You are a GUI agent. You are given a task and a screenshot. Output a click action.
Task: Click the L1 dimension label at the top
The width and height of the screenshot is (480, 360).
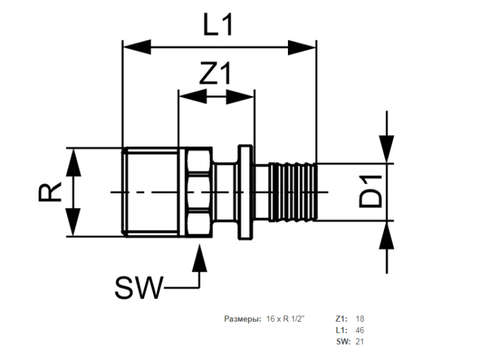[x=218, y=25]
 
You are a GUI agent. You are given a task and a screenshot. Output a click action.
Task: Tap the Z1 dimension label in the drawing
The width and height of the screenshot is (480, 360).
[x=215, y=74]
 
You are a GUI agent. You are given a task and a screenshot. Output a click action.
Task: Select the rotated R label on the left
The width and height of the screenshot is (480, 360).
[x=50, y=192]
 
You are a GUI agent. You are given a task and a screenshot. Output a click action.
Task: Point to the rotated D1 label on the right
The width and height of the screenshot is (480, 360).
[x=371, y=192]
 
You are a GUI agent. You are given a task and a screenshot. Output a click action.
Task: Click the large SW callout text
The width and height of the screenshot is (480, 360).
[x=138, y=288]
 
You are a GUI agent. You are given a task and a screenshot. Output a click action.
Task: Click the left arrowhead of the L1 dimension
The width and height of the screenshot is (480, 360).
[x=137, y=47]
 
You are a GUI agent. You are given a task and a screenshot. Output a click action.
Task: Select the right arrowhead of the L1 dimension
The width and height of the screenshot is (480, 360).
[x=302, y=47]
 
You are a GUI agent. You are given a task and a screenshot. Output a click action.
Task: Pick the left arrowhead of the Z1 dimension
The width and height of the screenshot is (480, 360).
[x=193, y=97]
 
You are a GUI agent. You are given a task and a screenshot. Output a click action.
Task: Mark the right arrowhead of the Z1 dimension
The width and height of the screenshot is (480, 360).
[x=240, y=97]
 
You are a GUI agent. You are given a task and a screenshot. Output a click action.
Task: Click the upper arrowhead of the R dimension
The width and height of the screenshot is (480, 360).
[x=74, y=162]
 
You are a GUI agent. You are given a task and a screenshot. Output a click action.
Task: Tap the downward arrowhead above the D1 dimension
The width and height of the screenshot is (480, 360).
[x=387, y=148]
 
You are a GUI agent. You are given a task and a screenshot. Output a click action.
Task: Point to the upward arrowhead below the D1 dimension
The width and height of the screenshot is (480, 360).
[x=387, y=235]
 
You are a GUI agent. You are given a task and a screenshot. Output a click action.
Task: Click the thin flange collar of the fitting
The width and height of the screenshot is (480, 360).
[x=246, y=192]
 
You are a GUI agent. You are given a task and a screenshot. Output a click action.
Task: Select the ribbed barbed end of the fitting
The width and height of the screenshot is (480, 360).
[x=292, y=192]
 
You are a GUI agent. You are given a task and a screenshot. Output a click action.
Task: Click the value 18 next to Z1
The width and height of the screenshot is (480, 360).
[x=360, y=319]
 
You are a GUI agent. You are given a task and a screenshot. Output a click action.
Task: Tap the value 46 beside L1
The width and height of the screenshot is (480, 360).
[x=360, y=331]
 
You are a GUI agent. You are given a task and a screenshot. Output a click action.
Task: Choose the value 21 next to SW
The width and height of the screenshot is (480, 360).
[x=360, y=341]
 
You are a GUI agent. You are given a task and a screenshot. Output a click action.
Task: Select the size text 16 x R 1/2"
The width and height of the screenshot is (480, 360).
[x=285, y=319]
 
